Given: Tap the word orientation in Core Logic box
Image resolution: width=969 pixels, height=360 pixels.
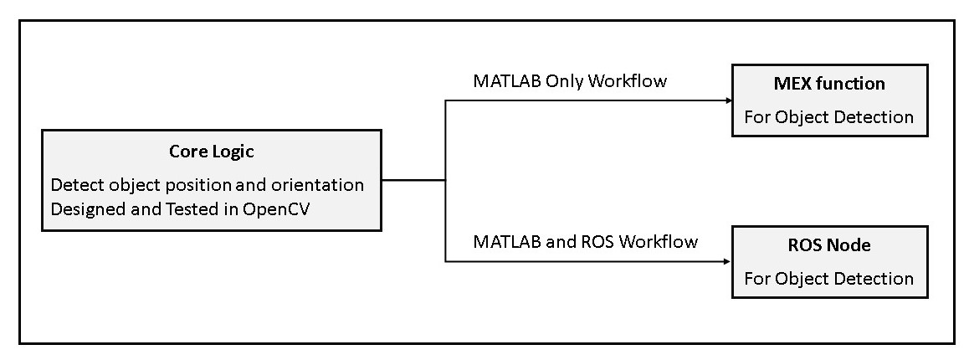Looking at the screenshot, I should coord(319,184).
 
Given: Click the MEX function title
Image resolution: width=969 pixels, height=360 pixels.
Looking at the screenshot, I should coord(829,84).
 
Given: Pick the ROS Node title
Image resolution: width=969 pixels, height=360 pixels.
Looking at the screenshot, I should coord(829,245).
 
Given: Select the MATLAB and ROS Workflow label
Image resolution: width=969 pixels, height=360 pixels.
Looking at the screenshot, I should coord(585,242).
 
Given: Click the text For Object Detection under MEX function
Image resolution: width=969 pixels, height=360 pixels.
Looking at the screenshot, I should coord(828,117).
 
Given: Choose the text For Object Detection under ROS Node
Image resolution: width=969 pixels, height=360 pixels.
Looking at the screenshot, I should coord(828,278).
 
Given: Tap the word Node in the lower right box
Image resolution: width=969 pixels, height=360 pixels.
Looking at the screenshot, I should coord(850,245).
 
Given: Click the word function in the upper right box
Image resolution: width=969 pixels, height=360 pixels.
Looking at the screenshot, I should coord(853,84).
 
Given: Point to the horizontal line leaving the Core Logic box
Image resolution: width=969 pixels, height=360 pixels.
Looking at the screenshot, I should coord(413,179).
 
